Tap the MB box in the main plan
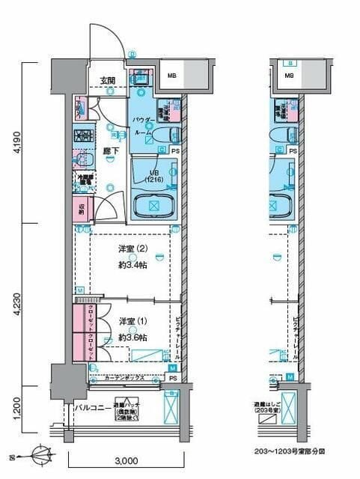coord(171,76)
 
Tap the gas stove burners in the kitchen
coord(82,138)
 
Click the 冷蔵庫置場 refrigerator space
coord(83,181)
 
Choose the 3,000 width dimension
coord(128,462)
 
